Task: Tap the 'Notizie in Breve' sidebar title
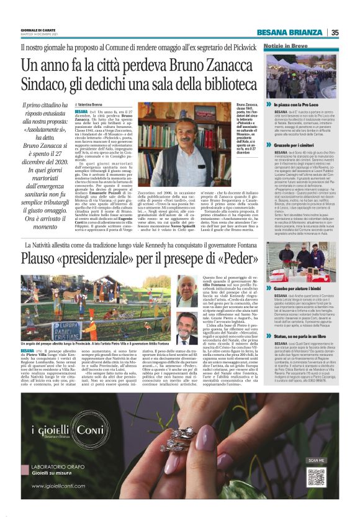click(286, 47)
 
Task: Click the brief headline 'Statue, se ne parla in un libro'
click(301, 333)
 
